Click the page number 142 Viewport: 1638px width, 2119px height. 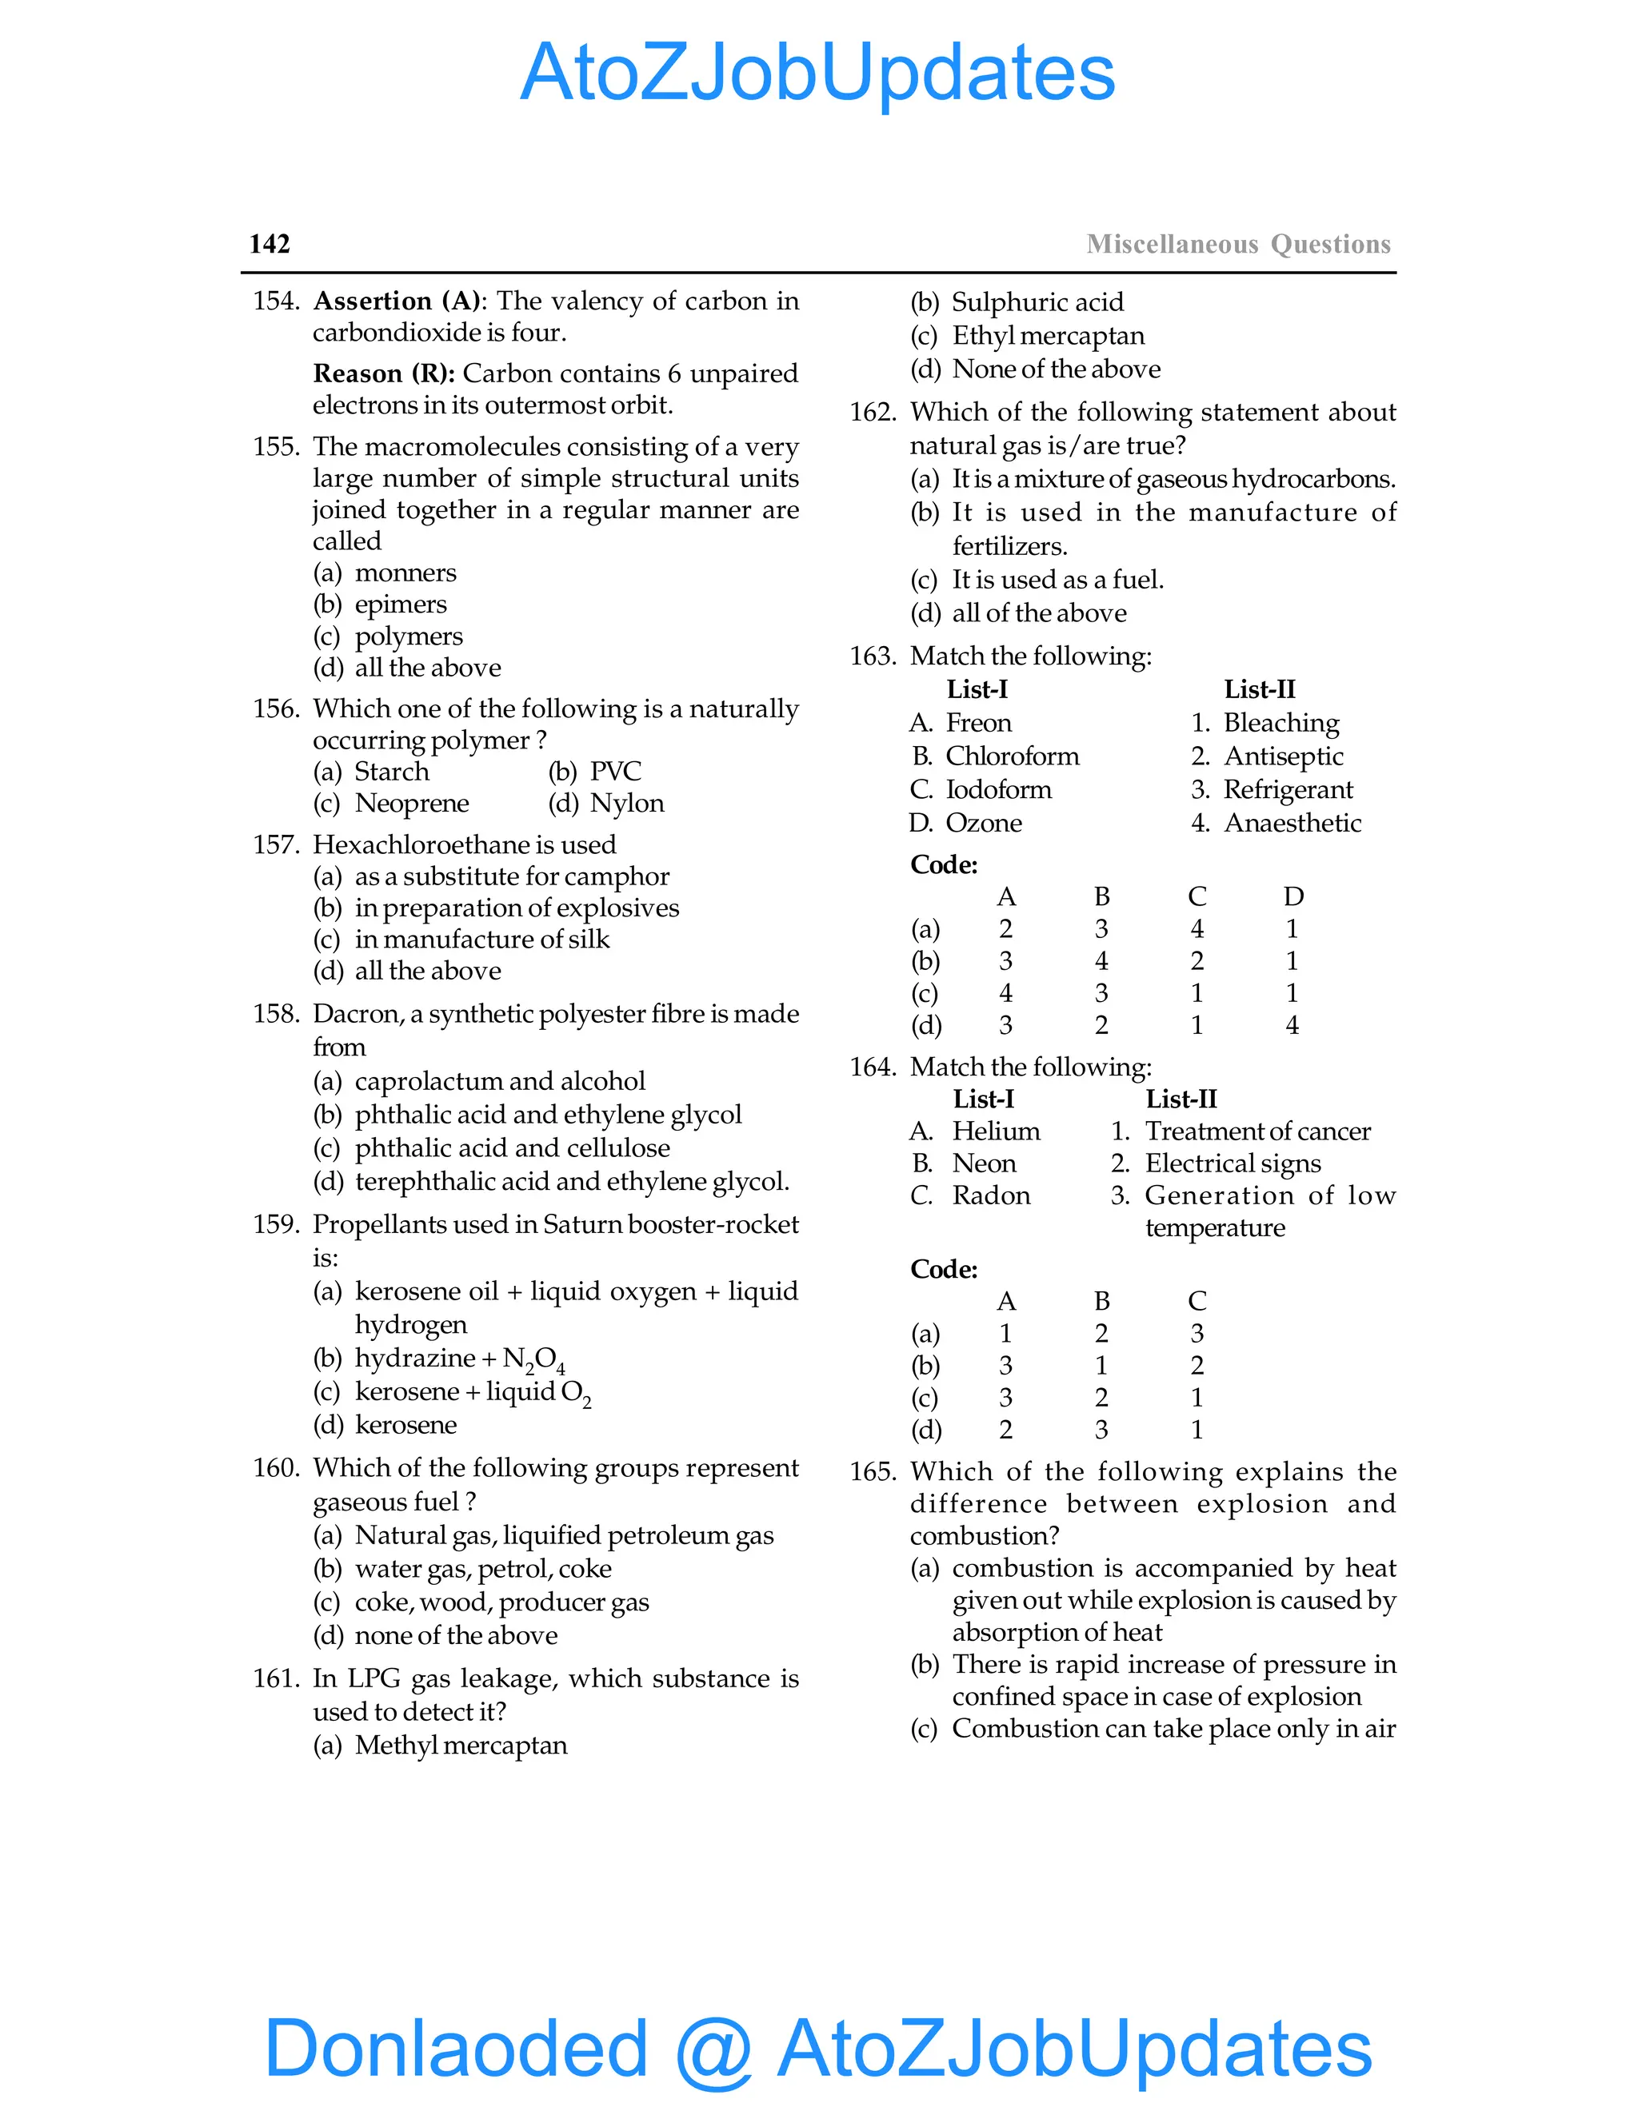tap(269, 244)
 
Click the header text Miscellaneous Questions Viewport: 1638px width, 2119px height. tap(1238, 244)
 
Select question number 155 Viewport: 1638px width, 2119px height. tap(276, 446)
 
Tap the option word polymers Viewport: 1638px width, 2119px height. tap(409, 636)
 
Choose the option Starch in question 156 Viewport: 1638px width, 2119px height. tap(391, 772)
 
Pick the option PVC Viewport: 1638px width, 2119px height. tap(615, 772)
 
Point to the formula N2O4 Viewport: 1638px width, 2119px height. tap(533, 1360)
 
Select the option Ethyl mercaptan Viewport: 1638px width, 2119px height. tap(1048, 336)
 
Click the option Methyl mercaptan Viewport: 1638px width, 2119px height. tap(461, 1746)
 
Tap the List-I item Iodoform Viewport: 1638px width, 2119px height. tap(998, 790)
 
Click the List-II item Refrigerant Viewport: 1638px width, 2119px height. tap(1288, 790)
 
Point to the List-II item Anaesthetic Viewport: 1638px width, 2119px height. tap(1292, 823)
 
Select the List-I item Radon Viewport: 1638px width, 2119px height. tap(991, 1195)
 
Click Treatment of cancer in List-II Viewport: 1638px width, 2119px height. tap(1257, 1131)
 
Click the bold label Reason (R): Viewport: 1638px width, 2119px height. tap(384, 373)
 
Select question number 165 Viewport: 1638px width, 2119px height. tap(873, 1472)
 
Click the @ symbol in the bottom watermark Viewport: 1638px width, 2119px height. tap(713, 2049)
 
